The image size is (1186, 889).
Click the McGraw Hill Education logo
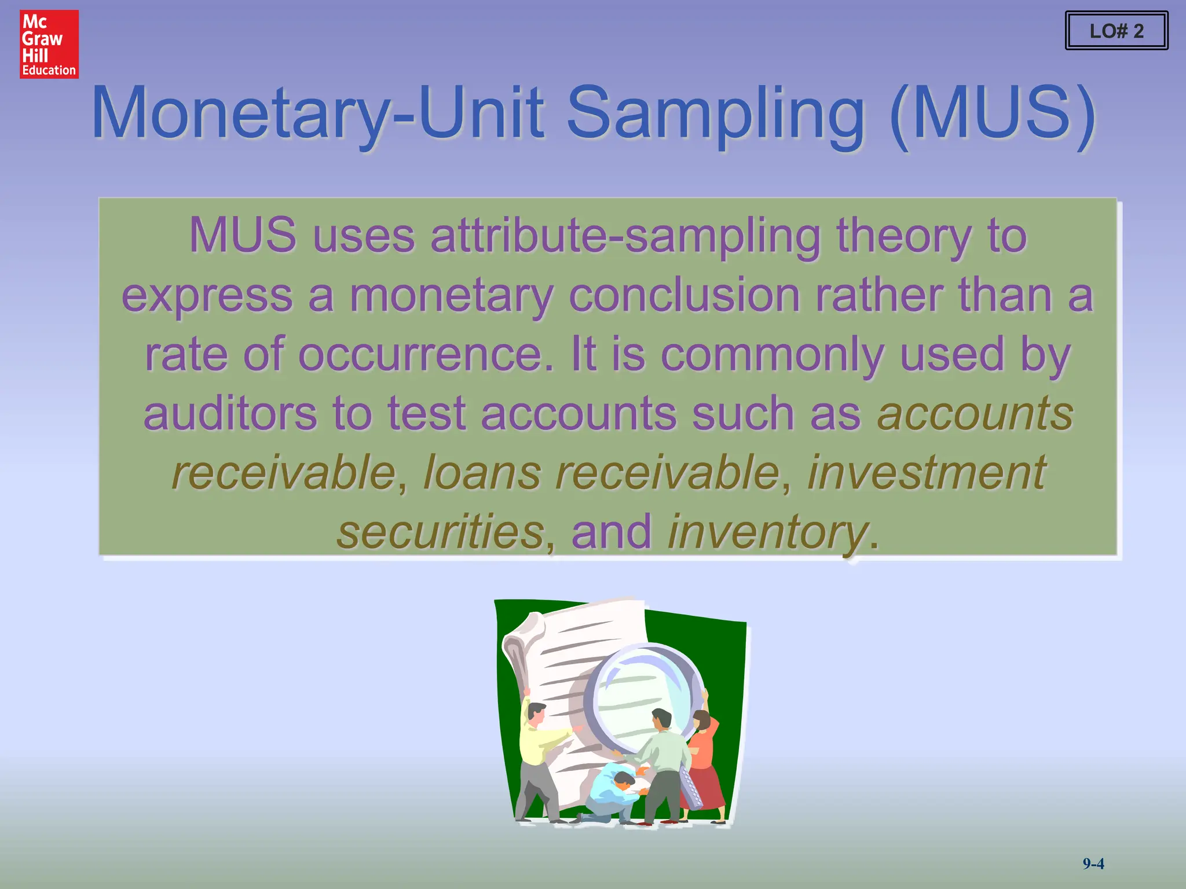pos(49,44)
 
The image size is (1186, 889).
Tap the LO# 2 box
pos(1116,31)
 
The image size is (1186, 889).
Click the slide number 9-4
pos(1093,864)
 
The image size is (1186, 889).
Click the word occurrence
pos(425,354)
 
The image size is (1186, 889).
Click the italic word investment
pos(927,472)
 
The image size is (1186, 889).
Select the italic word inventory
pos(768,532)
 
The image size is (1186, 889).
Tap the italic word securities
pos(440,532)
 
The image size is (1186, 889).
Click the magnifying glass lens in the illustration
pos(640,695)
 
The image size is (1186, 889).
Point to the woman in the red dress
pos(703,764)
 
